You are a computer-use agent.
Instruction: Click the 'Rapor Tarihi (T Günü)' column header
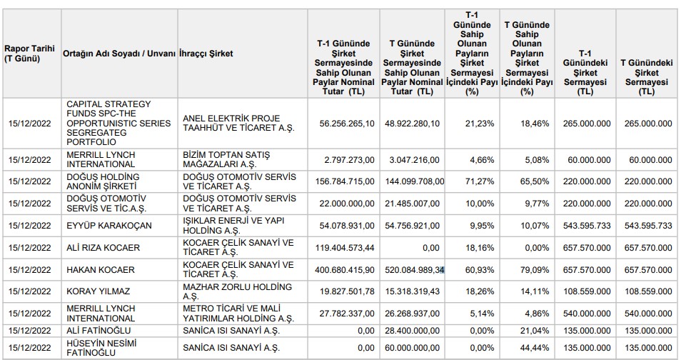tap(29, 54)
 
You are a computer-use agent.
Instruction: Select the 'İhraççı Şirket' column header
tap(206, 54)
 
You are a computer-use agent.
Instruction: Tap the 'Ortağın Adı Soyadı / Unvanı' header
tap(119, 54)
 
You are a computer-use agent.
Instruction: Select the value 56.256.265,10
tap(347, 124)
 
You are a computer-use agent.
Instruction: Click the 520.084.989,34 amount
tap(414, 270)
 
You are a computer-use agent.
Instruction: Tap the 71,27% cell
tap(480, 181)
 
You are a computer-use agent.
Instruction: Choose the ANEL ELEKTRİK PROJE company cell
tap(238, 123)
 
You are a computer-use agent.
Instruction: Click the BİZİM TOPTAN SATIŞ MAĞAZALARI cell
tap(226, 159)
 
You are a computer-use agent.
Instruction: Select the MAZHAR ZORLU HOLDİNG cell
tap(237, 291)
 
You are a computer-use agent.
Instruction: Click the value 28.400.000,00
tap(412, 331)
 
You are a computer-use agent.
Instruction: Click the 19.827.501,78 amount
tap(347, 291)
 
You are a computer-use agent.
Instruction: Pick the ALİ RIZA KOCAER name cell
tap(103, 248)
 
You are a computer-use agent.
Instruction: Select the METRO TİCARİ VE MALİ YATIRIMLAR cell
tap(238, 314)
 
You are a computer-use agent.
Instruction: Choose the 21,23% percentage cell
tap(480, 124)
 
